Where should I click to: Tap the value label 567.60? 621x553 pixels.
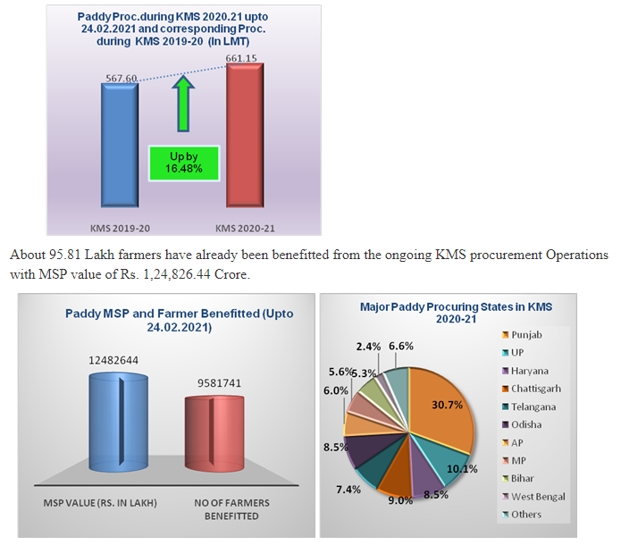(121, 79)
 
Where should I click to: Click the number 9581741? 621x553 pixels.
(214, 383)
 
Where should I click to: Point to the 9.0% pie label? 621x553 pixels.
(400, 500)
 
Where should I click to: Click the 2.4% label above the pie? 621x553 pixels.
(366, 346)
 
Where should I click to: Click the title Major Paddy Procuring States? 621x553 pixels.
(456, 312)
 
